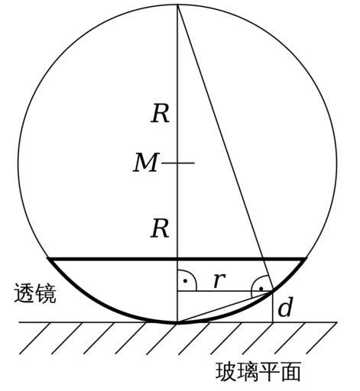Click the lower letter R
coord(160,228)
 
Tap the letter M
coord(146,163)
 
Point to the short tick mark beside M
coord(178,163)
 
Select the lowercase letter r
coord(219,280)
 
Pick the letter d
coord(284,307)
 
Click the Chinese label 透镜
coord(35,293)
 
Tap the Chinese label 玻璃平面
coord(258,372)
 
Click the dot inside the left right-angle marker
coord(186,281)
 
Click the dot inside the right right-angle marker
coord(261,289)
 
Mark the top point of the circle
coord(177,5)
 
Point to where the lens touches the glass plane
coord(177,322)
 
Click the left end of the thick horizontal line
coord(48,259)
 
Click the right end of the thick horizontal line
coord(306,259)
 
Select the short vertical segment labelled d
coord(273,306)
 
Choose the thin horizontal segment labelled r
coord(225,291)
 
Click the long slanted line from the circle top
coord(225,147)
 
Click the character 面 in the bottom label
coord(290,372)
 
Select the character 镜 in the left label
coord(46,293)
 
